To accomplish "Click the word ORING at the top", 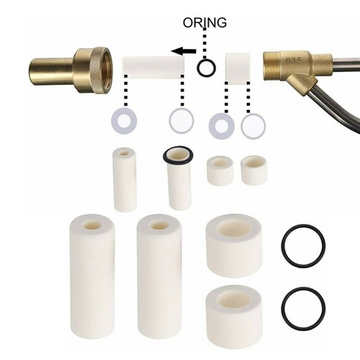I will coord(205,23).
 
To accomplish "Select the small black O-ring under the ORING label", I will coord(207,68).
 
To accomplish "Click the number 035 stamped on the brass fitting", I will coord(294,62).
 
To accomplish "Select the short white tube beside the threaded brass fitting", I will coord(238,68).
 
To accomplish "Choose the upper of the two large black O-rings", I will coord(302,245).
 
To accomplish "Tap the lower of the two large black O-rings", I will coord(302,308).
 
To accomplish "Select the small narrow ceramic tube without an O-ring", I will coord(125,179).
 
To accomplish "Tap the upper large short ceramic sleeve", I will coord(234,245).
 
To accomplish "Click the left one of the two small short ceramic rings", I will coord(220,171).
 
